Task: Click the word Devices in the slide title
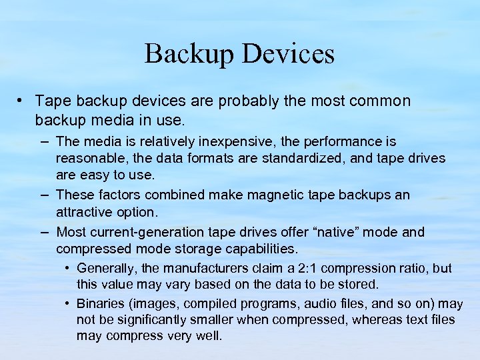[x=289, y=54]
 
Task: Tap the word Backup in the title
[x=191, y=54]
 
